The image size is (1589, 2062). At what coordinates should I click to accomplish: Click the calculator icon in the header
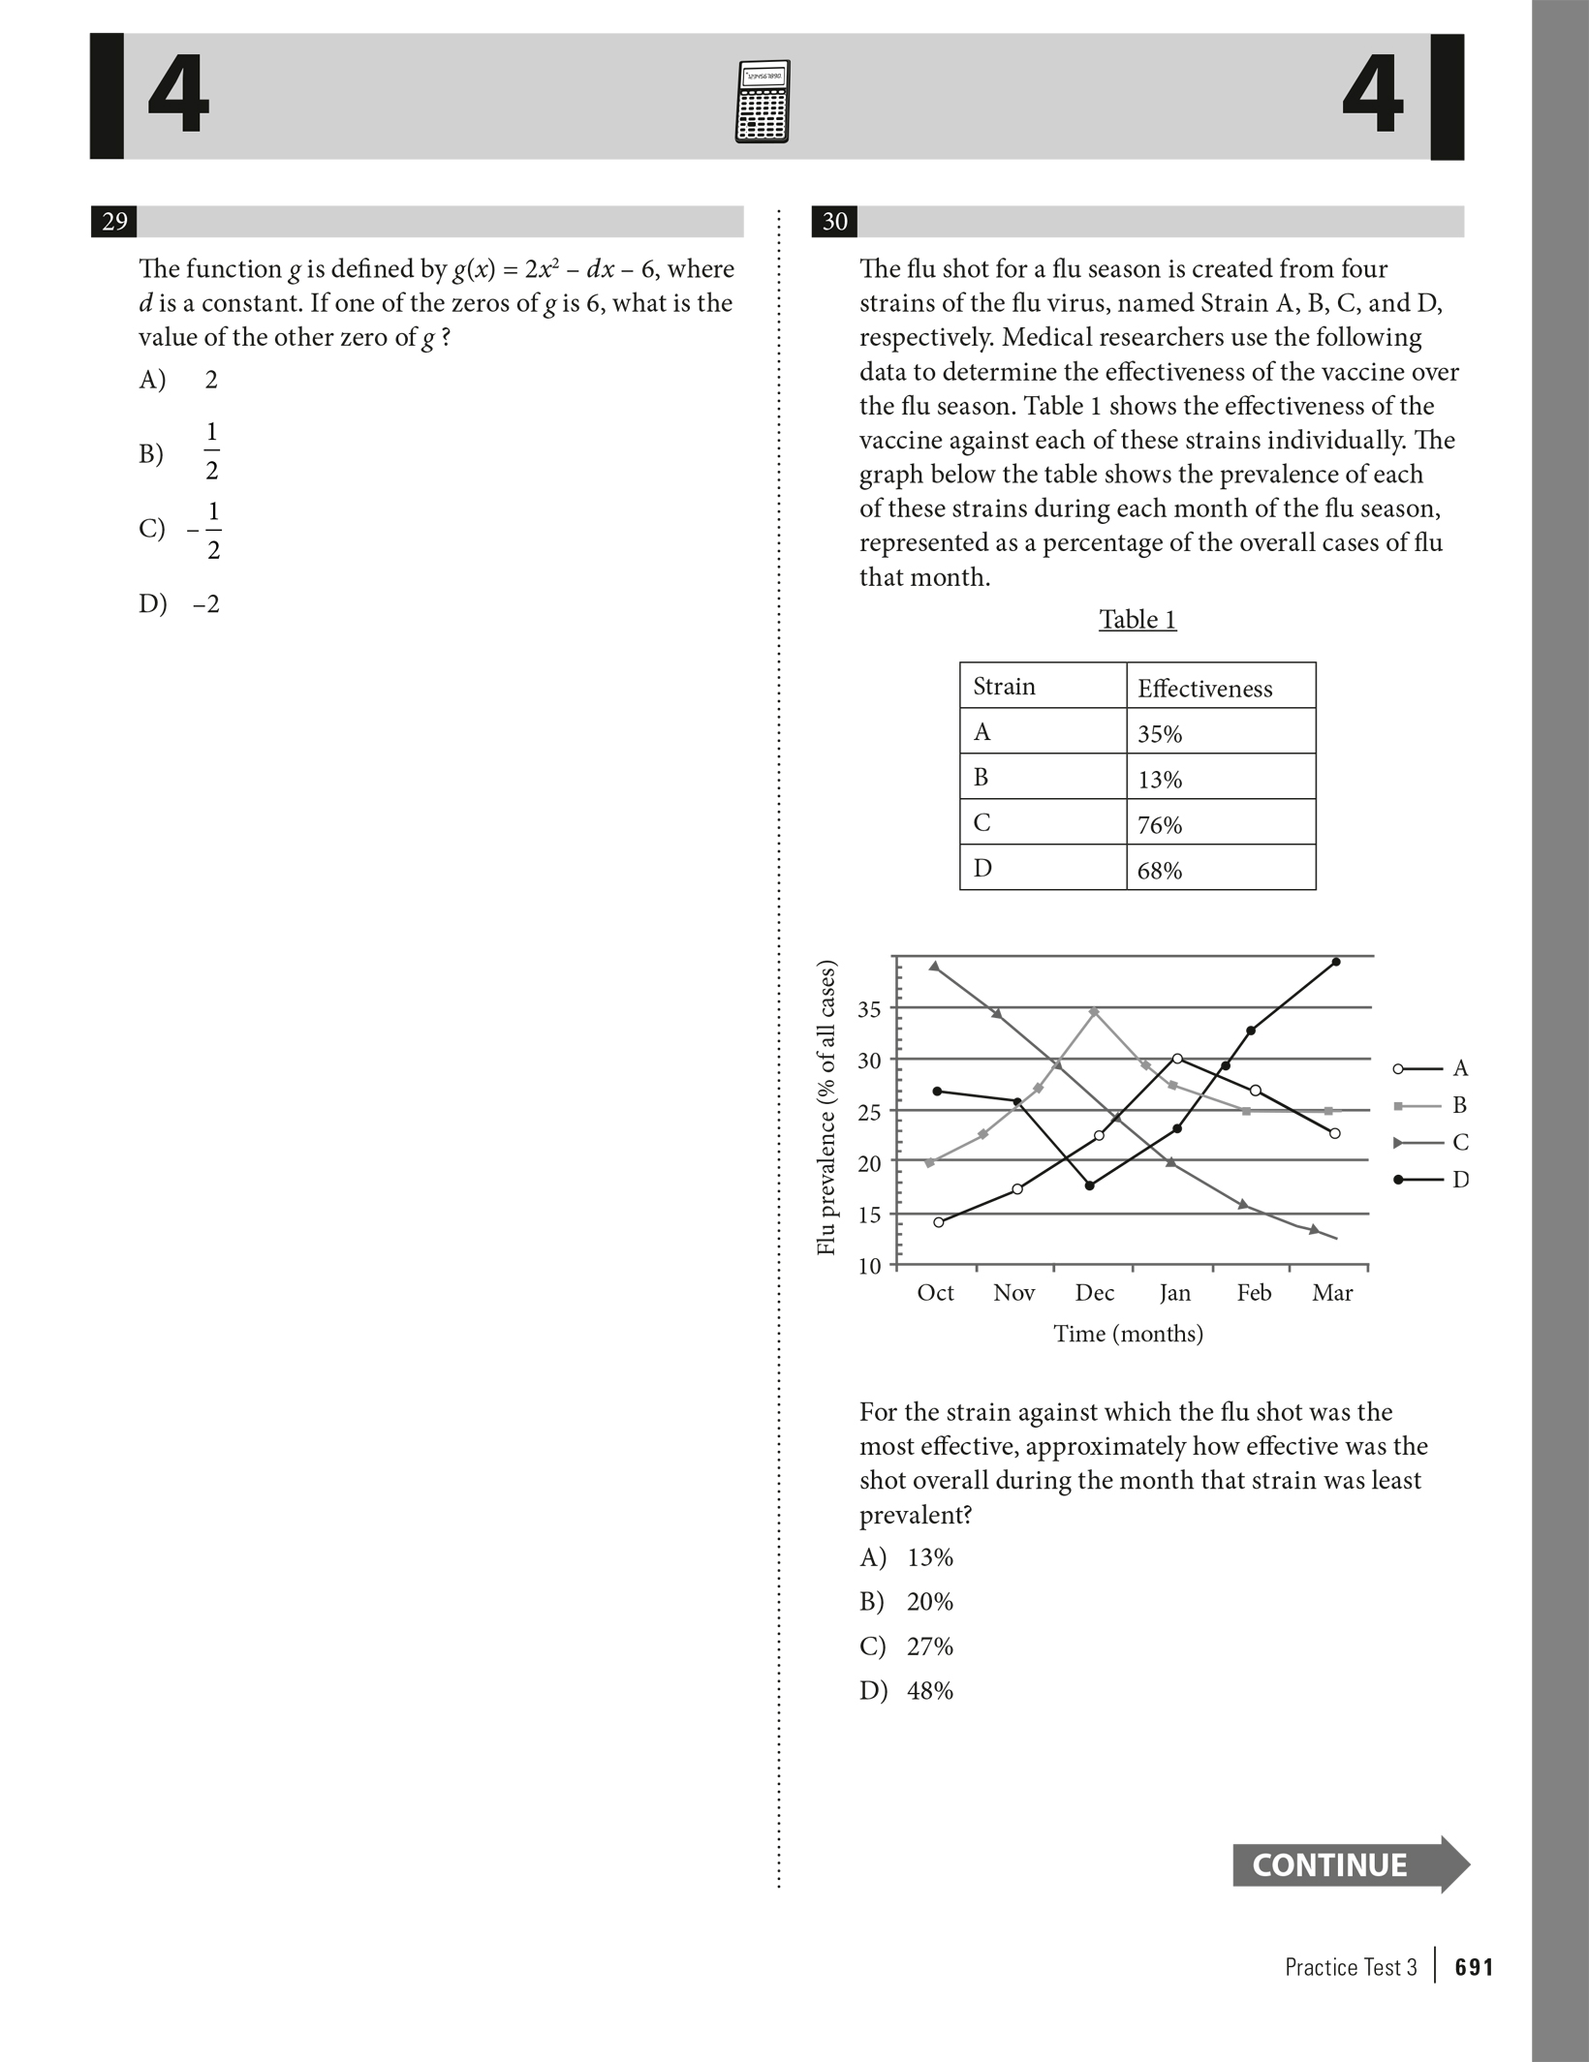(763, 103)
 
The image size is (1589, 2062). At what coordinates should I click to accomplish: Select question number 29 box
(114, 222)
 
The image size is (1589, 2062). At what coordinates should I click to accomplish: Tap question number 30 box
(834, 222)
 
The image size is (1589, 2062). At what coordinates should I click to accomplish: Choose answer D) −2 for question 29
(180, 604)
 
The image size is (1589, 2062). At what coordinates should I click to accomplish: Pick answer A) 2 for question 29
(180, 380)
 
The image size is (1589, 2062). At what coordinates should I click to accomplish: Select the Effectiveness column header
(1220, 688)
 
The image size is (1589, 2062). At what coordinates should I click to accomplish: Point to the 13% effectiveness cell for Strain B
(1220, 778)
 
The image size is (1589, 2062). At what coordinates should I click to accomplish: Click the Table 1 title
(1137, 620)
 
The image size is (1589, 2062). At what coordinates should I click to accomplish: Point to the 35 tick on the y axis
(870, 1009)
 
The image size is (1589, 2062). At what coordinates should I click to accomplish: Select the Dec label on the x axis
(1094, 1293)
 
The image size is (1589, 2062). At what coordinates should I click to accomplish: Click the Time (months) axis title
(1128, 1334)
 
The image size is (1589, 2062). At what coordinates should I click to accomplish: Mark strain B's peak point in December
(1094, 1011)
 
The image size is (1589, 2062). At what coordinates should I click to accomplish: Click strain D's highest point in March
(1336, 962)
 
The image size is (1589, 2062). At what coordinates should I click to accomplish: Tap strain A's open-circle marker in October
(938, 1222)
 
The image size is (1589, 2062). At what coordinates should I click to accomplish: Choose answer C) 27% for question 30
(907, 1647)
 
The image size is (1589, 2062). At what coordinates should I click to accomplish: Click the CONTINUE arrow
(1350, 1864)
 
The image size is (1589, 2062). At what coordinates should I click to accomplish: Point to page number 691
(1474, 1967)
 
